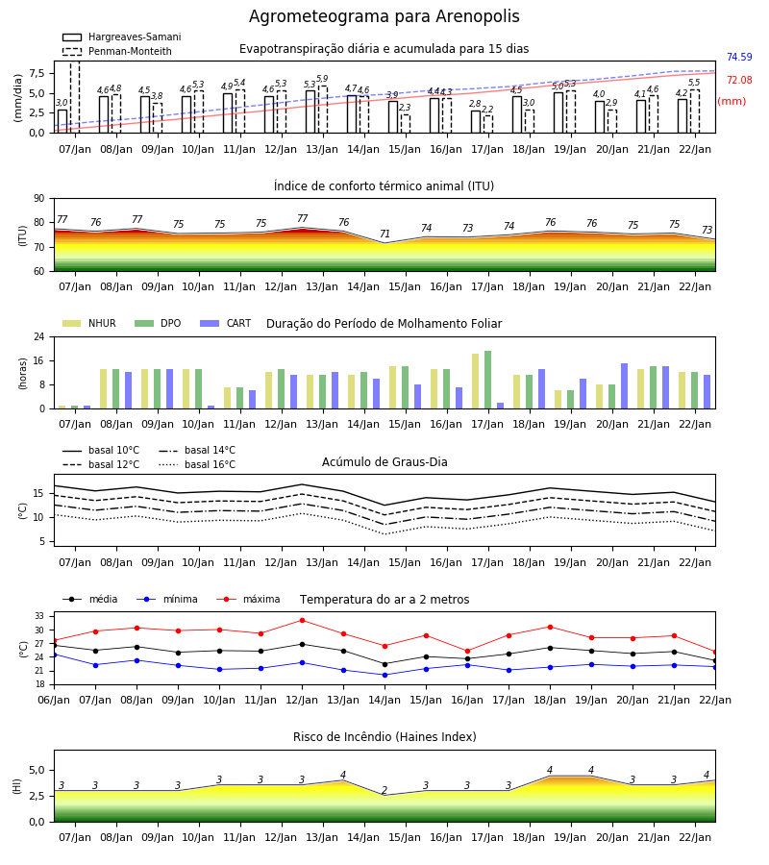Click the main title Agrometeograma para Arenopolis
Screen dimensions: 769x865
[x=384, y=16]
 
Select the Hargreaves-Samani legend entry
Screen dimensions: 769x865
[x=121, y=37]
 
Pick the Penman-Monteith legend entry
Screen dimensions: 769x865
[x=117, y=51]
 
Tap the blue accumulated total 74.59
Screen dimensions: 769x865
[x=739, y=57]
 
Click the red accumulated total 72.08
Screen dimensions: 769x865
[x=739, y=80]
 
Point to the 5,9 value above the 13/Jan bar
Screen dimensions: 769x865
[x=322, y=79]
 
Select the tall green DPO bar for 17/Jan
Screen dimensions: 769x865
[x=487, y=380]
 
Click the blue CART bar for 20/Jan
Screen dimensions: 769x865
[x=625, y=386]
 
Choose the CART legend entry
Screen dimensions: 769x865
[x=225, y=323]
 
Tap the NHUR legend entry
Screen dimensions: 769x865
[x=88, y=323]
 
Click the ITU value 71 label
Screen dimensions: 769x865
[x=384, y=234]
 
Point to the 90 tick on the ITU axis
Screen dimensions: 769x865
[x=39, y=199]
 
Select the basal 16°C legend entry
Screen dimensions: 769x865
[x=197, y=464]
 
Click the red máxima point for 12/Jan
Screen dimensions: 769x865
[x=302, y=621]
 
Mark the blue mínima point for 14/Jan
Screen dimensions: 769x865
[x=385, y=675]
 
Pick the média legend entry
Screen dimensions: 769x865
[x=90, y=599]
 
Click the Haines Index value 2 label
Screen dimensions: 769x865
[x=384, y=790]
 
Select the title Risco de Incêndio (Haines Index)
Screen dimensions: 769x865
[x=384, y=736]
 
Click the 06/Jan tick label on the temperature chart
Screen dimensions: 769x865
[x=54, y=700]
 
